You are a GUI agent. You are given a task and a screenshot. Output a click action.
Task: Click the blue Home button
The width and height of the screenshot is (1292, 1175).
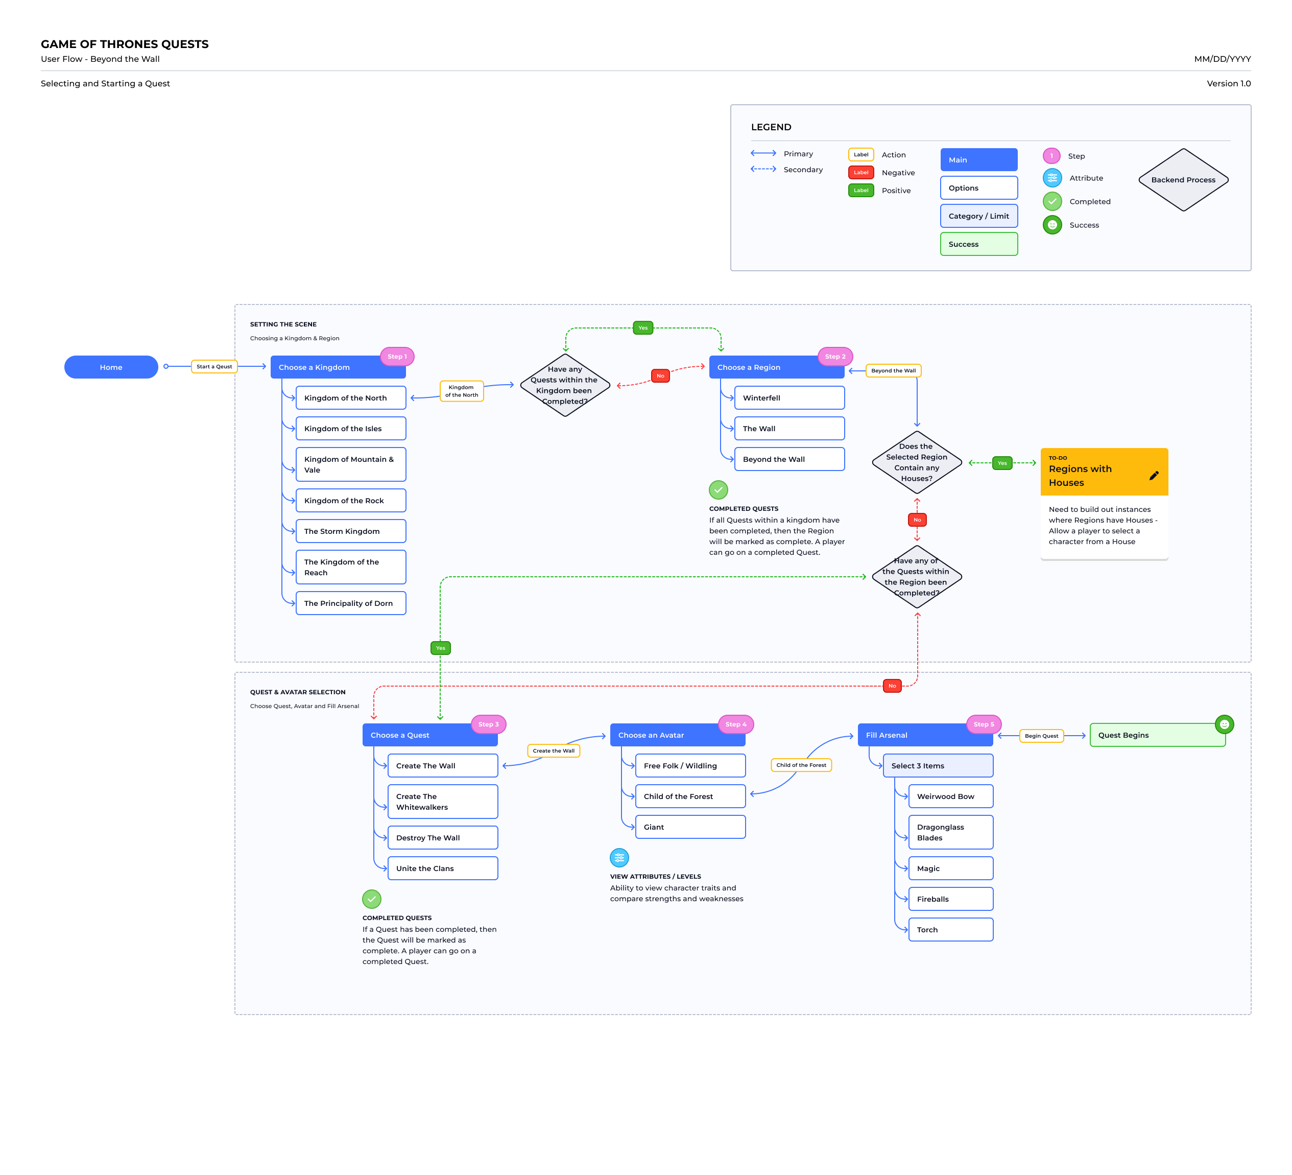pyautogui.click(x=111, y=367)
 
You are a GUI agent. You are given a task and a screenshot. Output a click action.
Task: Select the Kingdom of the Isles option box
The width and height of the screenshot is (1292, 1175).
pyautogui.click(x=350, y=428)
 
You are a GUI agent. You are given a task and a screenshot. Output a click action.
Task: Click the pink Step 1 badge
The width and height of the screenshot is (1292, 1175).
pyautogui.click(x=397, y=357)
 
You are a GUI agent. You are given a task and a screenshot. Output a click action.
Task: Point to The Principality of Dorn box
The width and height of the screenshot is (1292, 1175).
pyautogui.click(x=350, y=603)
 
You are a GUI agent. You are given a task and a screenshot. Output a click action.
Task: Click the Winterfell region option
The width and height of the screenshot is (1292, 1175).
pyautogui.click(x=789, y=397)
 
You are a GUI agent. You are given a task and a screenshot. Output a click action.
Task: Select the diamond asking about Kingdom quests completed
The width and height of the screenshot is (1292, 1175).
pyautogui.click(x=565, y=385)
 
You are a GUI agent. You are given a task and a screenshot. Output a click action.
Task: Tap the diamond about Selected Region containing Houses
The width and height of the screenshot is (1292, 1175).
pyautogui.click(x=917, y=462)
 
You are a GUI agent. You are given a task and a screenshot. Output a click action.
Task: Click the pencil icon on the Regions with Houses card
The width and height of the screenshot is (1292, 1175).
pyautogui.click(x=1154, y=475)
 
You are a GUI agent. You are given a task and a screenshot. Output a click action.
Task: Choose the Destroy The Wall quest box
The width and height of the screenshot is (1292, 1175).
pyautogui.click(x=442, y=838)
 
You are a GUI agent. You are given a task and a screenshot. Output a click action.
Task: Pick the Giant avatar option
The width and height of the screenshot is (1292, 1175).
pyautogui.click(x=690, y=827)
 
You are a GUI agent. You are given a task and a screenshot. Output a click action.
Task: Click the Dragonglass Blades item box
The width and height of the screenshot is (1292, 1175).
pyautogui.click(x=950, y=832)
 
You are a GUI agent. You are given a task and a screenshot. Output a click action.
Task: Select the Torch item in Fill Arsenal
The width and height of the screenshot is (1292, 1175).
pyautogui.click(x=950, y=929)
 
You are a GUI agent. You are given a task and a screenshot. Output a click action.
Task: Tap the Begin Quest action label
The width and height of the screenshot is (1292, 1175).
pyautogui.click(x=1041, y=736)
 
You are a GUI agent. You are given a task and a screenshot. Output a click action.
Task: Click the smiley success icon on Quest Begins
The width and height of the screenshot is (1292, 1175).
pyautogui.click(x=1224, y=724)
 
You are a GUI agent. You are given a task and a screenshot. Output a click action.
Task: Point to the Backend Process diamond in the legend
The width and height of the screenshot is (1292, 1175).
pyautogui.click(x=1183, y=179)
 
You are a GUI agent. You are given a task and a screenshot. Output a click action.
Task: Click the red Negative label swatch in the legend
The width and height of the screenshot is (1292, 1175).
pyautogui.click(x=860, y=173)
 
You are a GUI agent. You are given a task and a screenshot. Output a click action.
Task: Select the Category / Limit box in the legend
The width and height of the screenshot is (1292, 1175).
pyautogui.click(x=978, y=216)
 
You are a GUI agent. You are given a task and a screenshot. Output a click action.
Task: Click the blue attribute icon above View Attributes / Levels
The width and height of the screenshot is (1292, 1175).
pyautogui.click(x=619, y=858)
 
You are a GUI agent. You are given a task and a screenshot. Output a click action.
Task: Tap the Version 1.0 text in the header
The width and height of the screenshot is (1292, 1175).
pyautogui.click(x=1229, y=83)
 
